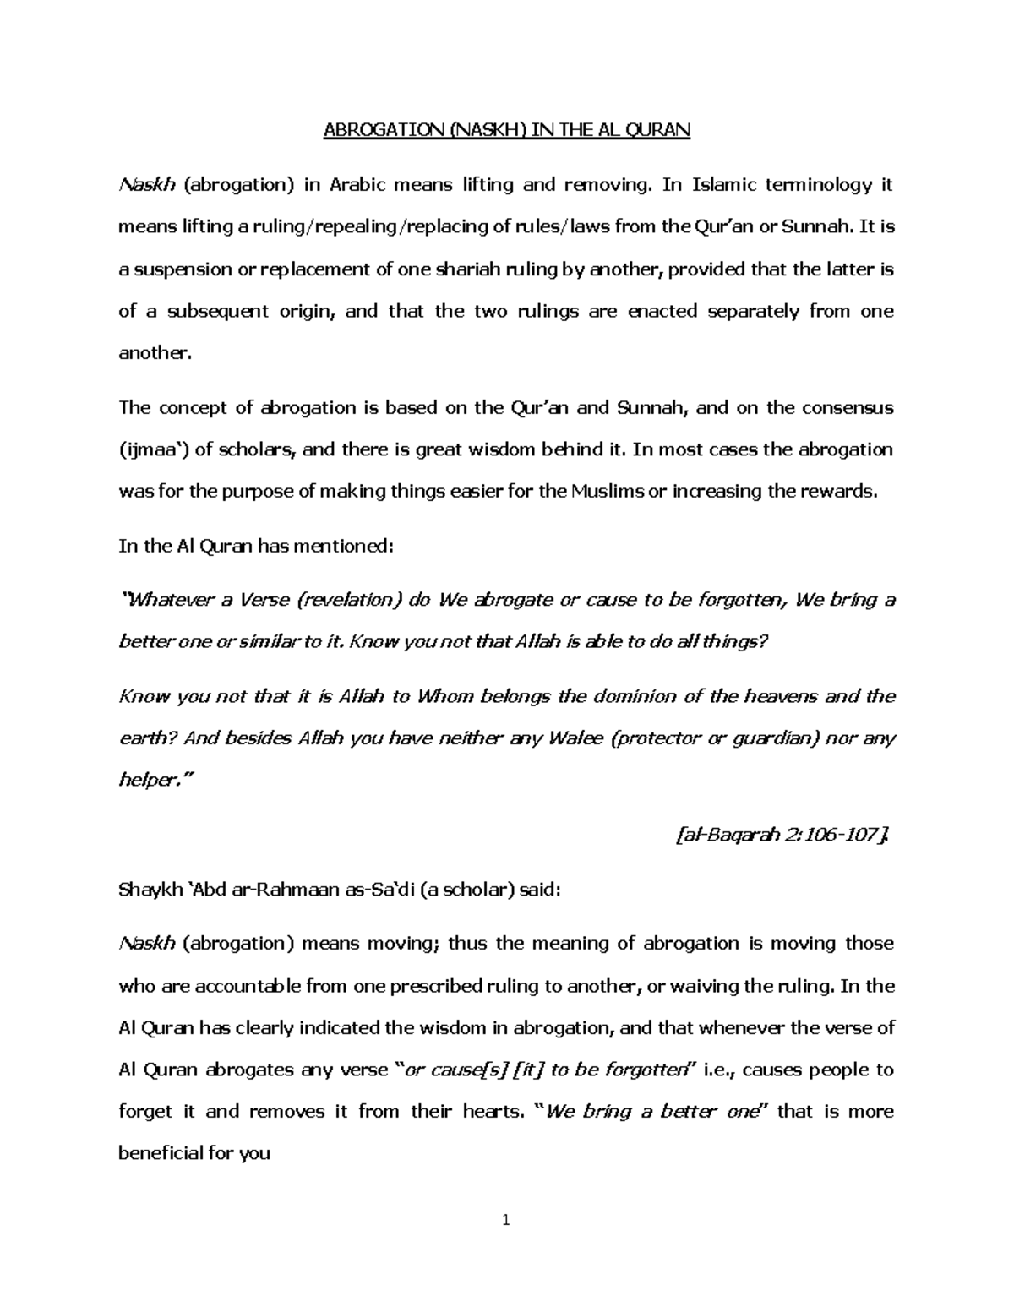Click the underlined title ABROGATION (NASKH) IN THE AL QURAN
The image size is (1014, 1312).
click(x=507, y=130)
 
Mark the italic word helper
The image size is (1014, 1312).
click(x=148, y=781)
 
